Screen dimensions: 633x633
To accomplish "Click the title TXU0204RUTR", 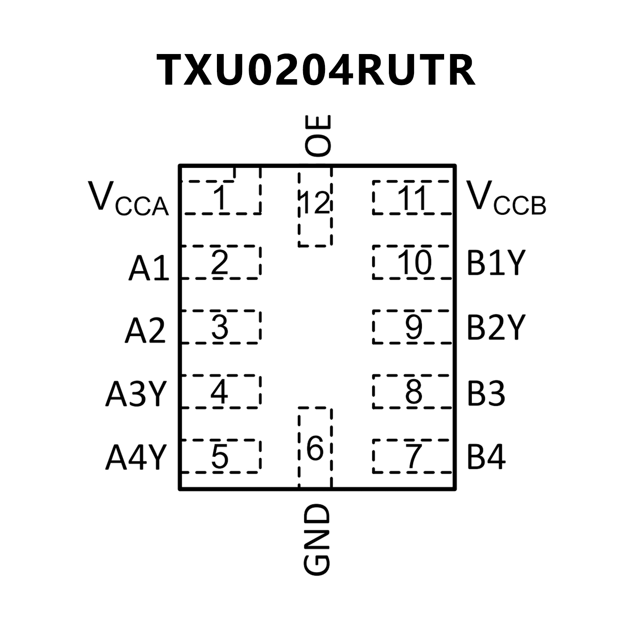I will tap(316, 70).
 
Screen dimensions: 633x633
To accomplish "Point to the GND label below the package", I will tap(317, 539).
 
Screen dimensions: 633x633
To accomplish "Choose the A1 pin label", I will tap(149, 268).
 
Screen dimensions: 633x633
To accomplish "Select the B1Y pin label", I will tap(496, 263).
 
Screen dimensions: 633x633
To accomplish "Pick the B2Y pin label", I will tap(496, 328).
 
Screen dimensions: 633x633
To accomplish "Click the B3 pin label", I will tap(486, 393).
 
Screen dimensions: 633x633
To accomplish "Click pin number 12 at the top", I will tap(315, 202).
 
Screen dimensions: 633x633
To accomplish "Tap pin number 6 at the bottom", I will tap(315, 449).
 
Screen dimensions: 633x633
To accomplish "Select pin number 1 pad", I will tap(221, 198).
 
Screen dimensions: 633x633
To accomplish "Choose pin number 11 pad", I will tap(412, 198).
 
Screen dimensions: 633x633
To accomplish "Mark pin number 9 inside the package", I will tap(413, 327).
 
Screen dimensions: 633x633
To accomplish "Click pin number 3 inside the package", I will tap(220, 327).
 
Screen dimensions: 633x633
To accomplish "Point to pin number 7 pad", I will tap(413, 457).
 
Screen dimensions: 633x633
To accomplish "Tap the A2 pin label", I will tap(146, 331).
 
